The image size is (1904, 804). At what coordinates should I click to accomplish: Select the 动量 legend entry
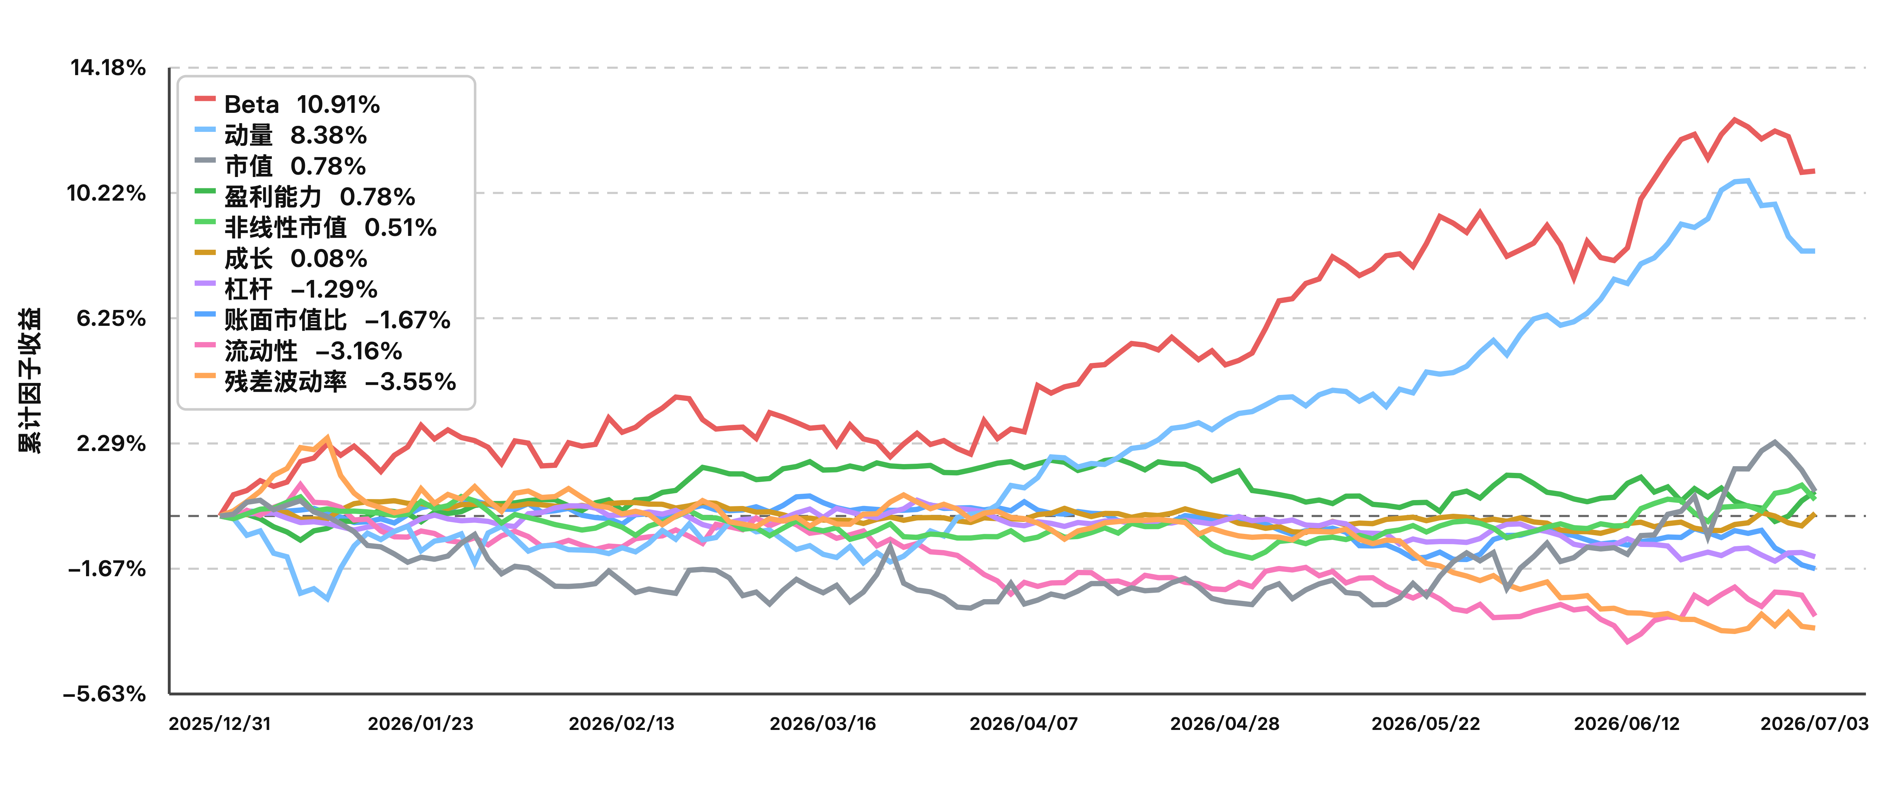(281, 135)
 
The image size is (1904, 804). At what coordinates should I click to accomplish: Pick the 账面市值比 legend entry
(322, 320)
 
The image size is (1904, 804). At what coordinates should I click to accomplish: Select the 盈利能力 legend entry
(305, 196)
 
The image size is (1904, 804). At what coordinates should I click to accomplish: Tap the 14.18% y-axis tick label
(108, 68)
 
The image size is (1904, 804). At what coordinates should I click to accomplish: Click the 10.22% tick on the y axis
(106, 194)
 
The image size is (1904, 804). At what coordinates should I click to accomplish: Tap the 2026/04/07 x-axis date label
(1024, 724)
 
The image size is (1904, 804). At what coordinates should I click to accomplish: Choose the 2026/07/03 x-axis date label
(1814, 724)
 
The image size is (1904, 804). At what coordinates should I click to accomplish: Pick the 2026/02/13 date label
(622, 724)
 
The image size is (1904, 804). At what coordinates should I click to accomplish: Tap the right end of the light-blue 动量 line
(1814, 251)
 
